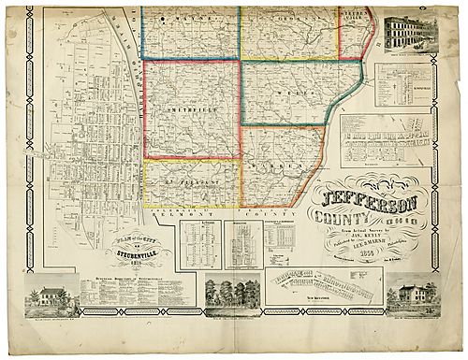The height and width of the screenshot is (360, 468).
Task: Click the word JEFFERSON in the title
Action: click(360, 200)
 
